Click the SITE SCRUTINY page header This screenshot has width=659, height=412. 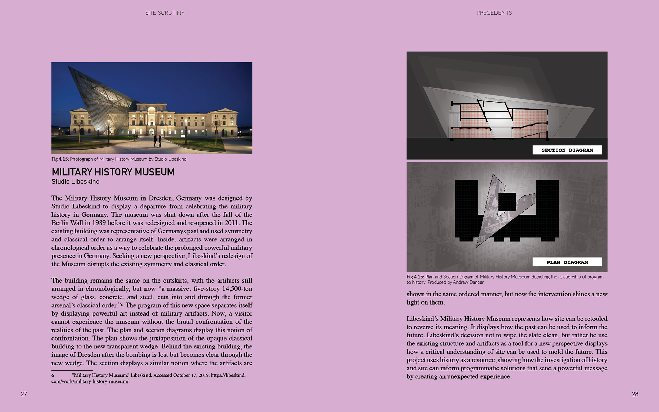pos(165,13)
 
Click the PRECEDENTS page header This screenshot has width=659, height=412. pos(494,13)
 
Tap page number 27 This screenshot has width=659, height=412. pos(24,394)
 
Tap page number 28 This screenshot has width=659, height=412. pos(635,394)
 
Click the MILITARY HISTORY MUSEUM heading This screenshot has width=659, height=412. pos(113,172)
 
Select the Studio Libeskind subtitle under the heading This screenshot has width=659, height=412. pos(76,182)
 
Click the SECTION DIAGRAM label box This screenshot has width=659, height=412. pos(567,150)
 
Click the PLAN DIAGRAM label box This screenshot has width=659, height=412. pos(567,262)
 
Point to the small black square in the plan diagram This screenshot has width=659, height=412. pos(507,202)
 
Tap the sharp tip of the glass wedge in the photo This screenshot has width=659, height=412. pos(68,66)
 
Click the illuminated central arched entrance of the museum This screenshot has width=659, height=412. pos(151,131)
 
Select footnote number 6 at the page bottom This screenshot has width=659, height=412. pos(53,375)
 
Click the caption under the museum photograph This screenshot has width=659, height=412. pos(119,159)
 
